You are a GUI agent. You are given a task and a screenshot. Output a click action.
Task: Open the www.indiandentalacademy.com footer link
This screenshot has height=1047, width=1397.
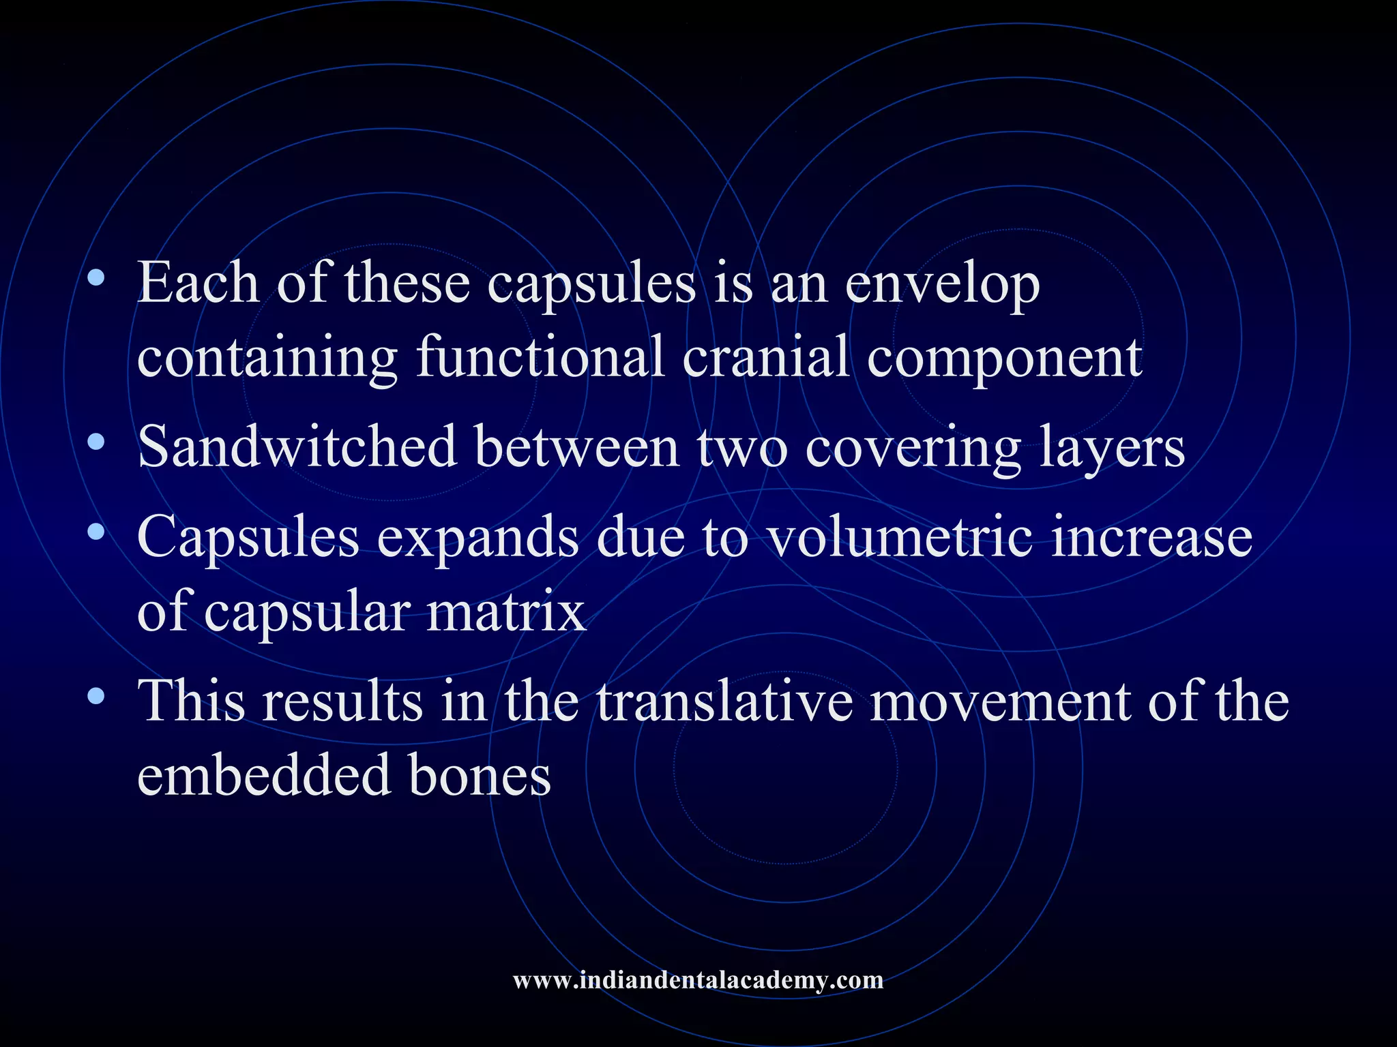(698, 980)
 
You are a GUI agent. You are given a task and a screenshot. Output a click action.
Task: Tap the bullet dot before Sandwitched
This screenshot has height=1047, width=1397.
(97, 442)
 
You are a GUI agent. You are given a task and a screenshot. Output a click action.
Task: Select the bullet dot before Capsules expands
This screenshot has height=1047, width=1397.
(97, 531)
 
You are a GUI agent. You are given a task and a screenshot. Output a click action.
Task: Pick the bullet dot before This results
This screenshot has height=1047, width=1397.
(97, 696)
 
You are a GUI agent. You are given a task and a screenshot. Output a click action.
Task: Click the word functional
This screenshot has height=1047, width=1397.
(540, 357)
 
